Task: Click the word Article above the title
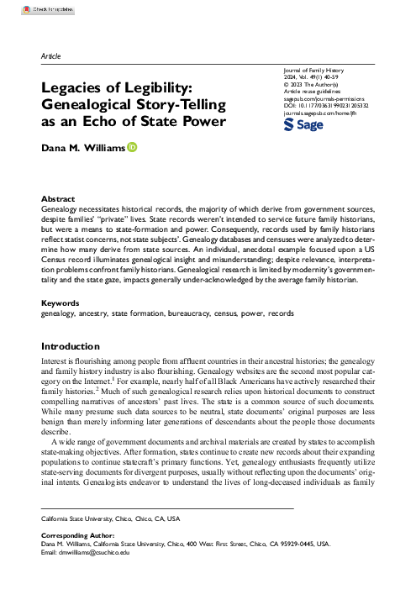click(50, 55)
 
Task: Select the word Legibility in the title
click(179, 87)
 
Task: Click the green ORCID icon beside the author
click(132, 149)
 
